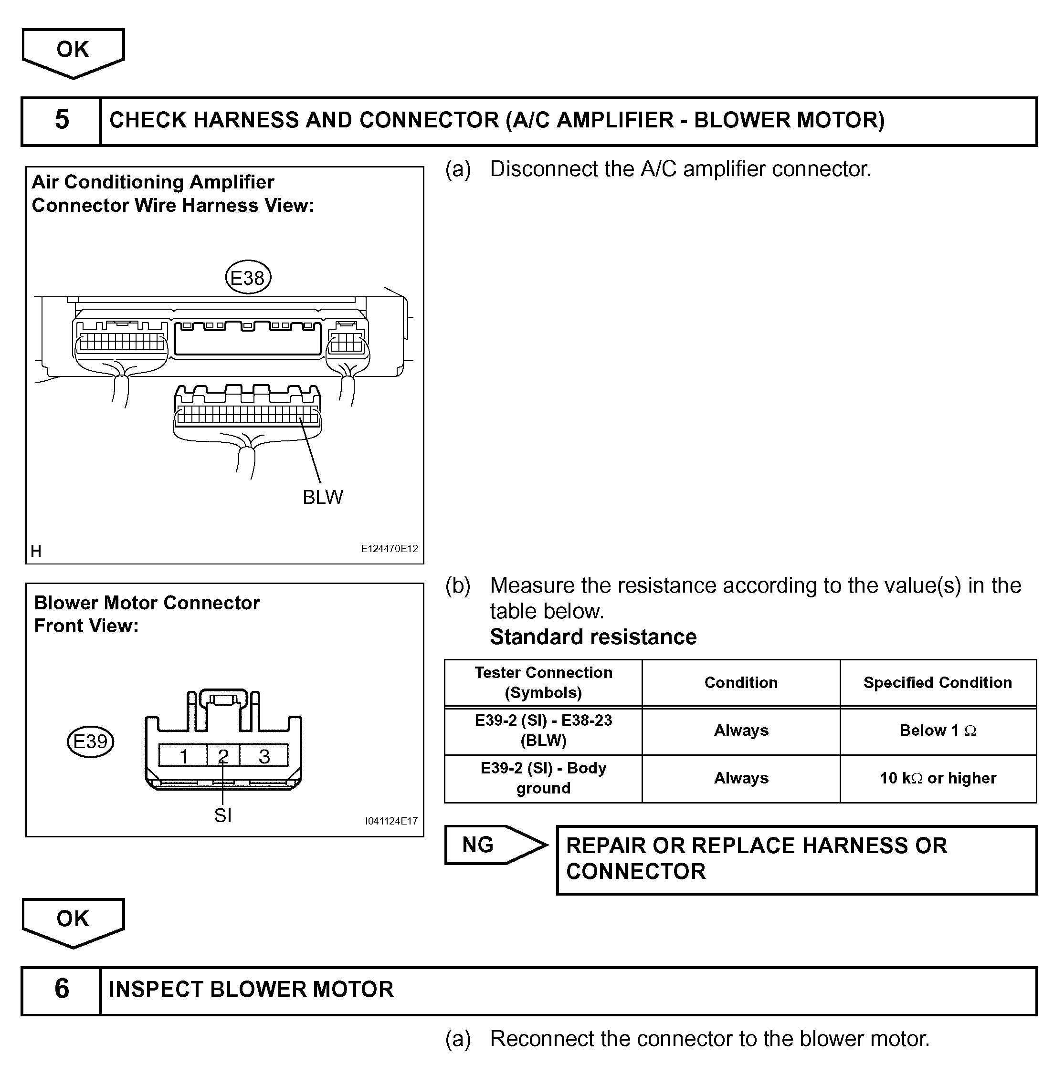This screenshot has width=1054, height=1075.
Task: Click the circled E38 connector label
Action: tap(248, 278)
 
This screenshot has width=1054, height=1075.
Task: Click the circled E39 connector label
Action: tap(90, 741)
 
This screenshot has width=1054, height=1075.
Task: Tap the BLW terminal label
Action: tap(323, 497)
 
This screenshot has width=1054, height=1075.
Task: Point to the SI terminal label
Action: tap(222, 815)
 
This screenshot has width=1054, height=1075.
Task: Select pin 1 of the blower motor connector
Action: tap(183, 756)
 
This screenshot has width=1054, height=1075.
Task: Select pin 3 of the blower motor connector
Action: tap(264, 756)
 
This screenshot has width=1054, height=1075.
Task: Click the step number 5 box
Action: tap(62, 121)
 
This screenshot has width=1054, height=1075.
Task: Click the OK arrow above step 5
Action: tap(73, 51)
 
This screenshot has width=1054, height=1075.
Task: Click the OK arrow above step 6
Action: tap(73, 920)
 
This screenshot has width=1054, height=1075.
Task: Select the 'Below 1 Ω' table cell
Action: tap(938, 731)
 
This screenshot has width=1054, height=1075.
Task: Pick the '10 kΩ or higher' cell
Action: tap(938, 778)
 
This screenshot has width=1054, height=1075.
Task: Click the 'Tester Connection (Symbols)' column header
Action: tap(543, 683)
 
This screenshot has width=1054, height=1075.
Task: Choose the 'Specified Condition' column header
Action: tap(938, 683)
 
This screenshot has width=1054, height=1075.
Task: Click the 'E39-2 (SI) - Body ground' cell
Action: tap(543, 778)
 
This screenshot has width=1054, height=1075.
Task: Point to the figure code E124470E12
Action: tap(389, 549)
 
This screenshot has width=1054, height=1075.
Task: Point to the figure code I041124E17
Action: tap(391, 821)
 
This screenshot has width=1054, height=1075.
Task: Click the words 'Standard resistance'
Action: tap(593, 637)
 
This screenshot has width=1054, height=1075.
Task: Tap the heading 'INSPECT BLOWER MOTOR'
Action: tap(251, 989)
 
